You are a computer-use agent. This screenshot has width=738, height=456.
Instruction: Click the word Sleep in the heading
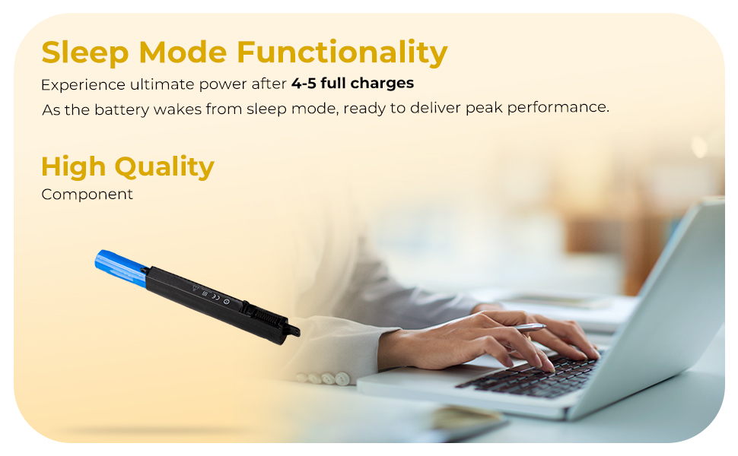(84, 52)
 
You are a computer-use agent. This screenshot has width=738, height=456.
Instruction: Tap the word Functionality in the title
(342, 52)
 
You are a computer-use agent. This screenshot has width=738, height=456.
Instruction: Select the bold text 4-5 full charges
(352, 83)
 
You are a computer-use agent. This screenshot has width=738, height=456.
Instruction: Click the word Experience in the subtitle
(83, 85)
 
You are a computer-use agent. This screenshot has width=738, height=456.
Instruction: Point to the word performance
(558, 108)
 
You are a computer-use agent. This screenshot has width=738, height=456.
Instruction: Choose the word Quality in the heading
(164, 167)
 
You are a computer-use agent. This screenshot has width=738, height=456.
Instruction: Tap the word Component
(87, 195)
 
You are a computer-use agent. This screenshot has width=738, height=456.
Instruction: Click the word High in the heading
(74, 167)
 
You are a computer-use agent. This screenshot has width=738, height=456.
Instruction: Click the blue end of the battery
(121, 268)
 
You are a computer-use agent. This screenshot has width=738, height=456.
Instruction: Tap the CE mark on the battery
(215, 296)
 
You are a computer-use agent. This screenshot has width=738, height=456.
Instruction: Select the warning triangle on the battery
(196, 288)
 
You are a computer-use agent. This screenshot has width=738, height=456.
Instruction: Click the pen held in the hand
(530, 328)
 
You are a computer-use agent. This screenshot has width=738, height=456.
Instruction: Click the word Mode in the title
(183, 52)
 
